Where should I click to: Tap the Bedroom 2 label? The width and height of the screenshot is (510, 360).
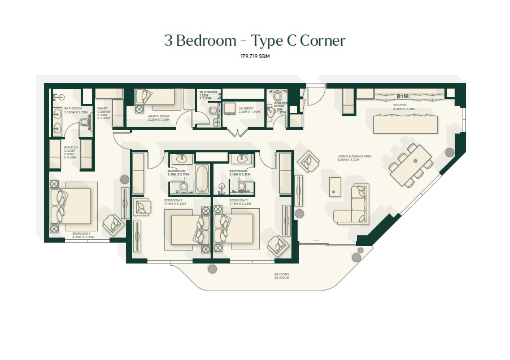[173, 201]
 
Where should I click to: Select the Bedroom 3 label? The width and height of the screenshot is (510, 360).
[239, 201]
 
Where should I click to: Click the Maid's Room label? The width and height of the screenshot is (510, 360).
[158, 117]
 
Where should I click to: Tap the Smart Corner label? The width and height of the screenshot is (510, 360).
[103, 112]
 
